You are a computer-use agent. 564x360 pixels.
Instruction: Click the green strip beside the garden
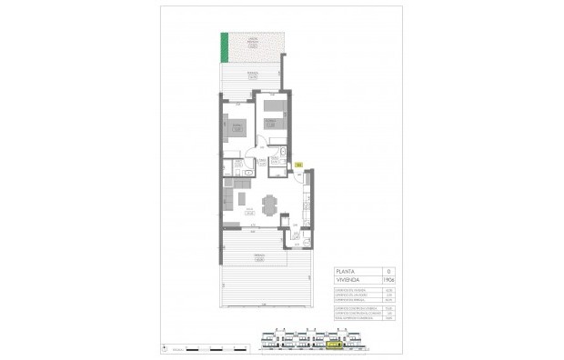click(x=223, y=49)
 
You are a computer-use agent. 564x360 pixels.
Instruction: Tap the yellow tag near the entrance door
click(x=298, y=165)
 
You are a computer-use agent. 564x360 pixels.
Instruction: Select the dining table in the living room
click(x=268, y=204)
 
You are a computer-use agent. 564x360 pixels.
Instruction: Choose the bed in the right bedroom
click(x=272, y=115)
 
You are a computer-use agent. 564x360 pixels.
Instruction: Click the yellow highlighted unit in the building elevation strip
click(x=334, y=344)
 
